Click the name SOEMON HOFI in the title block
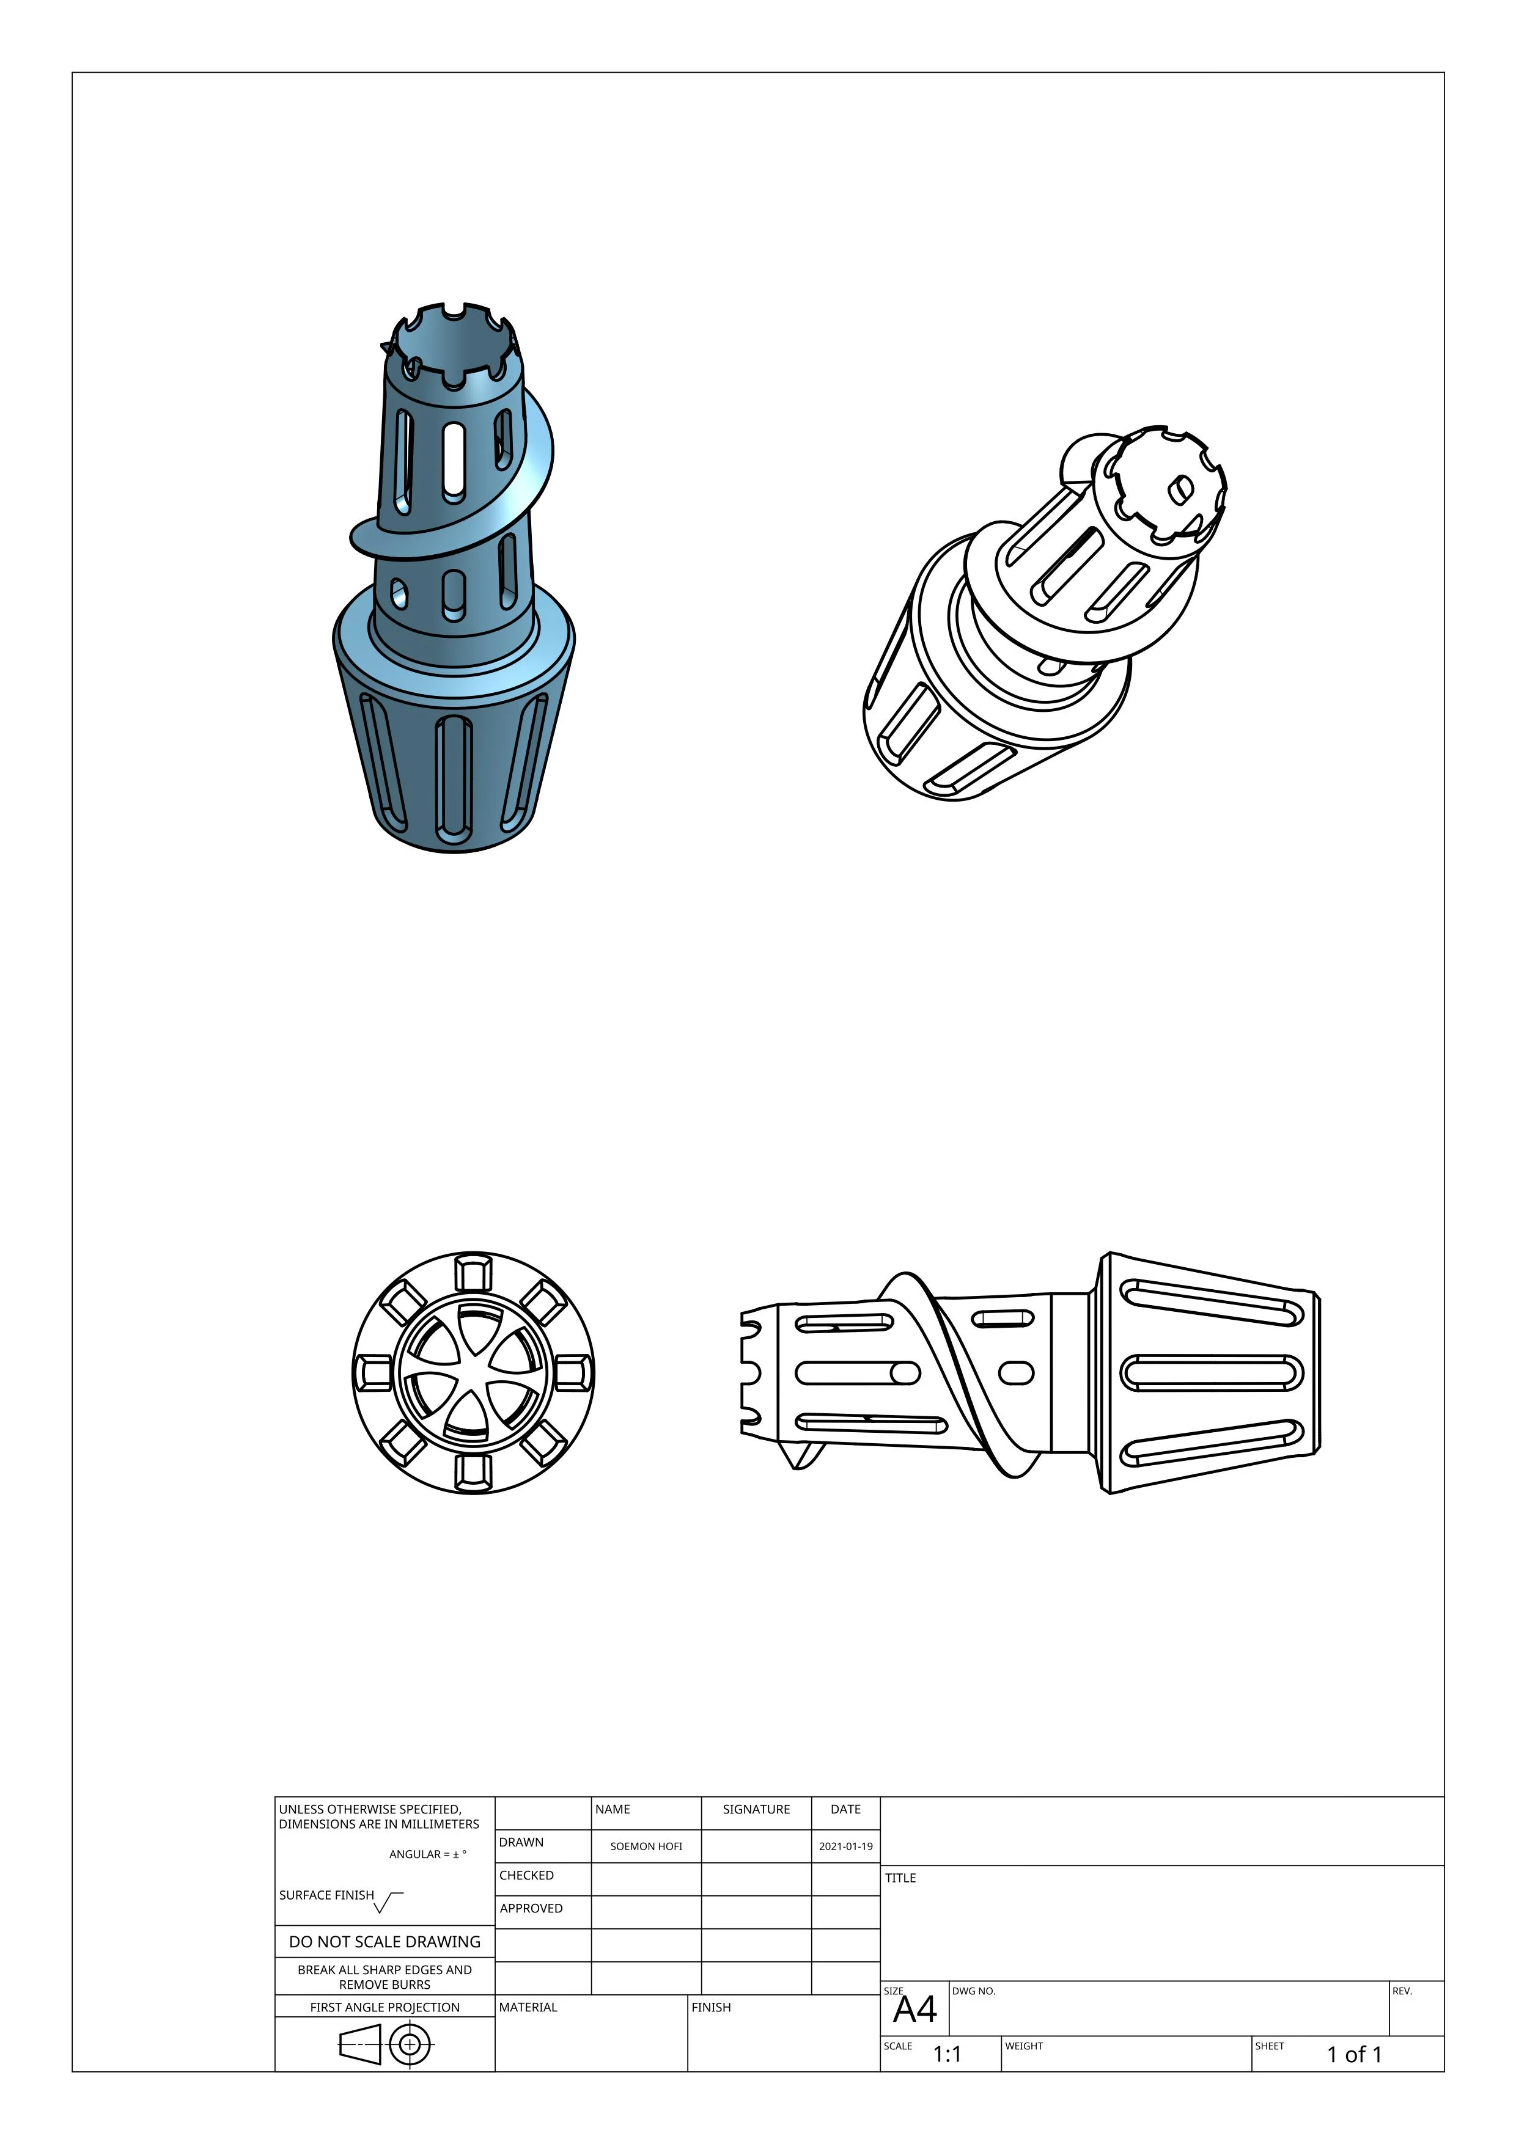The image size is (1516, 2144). [x=646, y=1846]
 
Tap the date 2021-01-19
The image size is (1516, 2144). [x=845, y=1846]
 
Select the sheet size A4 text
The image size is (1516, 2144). [x=914, y=2008]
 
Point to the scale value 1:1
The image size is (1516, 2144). [x=947, y=2054]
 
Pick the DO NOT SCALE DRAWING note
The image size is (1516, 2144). [x=385, y=1941]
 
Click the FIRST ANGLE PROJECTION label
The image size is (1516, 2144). [x=385, y=2007]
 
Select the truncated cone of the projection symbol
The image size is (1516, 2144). [x=361, y=2045]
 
